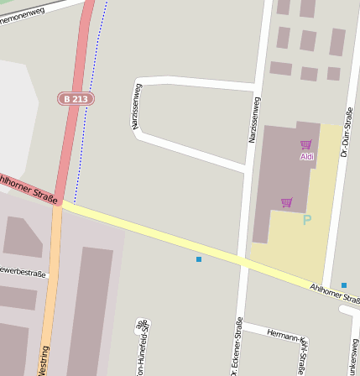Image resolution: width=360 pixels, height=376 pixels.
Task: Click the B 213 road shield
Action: (76, 99)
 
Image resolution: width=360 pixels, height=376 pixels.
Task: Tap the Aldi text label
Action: (307, 156)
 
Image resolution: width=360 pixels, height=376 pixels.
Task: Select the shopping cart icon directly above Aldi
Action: (306, 145)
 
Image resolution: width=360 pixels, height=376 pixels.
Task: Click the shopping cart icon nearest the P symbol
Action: (287, 202)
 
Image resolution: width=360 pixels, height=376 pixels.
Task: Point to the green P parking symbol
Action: (307, 220)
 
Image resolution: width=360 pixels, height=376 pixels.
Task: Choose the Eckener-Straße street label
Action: (239, 347)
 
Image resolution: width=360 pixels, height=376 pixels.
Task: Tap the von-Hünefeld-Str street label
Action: (143, 339)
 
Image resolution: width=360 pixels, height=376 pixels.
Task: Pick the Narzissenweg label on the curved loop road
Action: (137, 106)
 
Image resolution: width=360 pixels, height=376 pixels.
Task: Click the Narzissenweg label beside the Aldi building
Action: (254, 119)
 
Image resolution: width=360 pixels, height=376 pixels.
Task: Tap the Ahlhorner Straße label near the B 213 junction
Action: (29, 188)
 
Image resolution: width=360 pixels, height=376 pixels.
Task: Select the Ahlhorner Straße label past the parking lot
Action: (334, 294)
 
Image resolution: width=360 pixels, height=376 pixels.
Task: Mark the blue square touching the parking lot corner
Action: (344, 285)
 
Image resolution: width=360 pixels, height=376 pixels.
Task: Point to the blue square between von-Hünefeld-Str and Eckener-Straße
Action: (199, 259)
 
